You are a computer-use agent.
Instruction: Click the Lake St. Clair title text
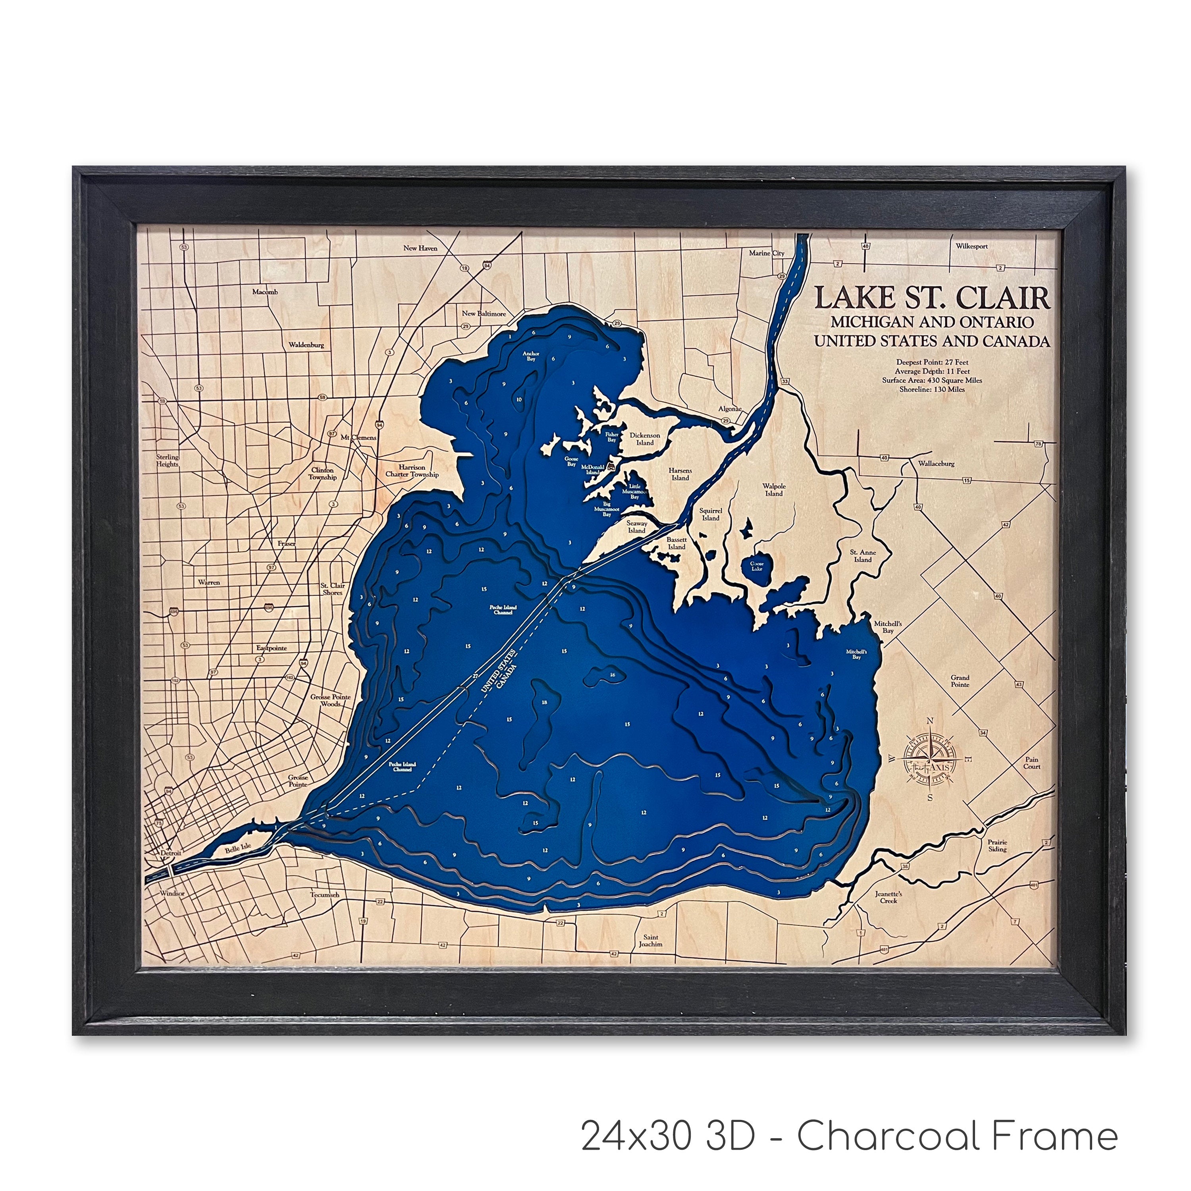[932, 298]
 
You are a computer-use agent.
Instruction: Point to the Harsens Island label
[680, 474]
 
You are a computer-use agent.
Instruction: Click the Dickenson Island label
[645, 438]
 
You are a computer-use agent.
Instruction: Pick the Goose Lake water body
[756, 565]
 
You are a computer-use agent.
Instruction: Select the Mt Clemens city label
[359, 437]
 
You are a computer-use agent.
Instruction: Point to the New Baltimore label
[484, 313]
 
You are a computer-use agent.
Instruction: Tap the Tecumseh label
[325, 894]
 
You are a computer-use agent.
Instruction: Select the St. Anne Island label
[862, 555]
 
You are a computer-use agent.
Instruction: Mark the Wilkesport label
[971, 246]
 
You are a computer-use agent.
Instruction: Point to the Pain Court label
[1031, 763]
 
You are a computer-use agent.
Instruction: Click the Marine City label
[766, 253]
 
